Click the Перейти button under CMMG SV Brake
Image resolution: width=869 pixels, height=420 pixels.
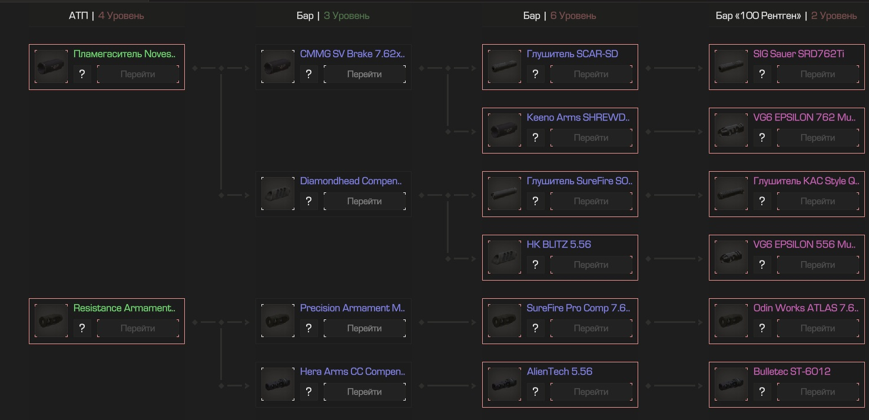coord(364,74)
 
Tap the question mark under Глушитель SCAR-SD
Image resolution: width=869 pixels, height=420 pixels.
coord(535,74)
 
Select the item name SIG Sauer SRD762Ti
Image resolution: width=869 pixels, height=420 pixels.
coord(798,54)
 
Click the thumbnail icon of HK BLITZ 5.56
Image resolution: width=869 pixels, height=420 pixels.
coord(505,258)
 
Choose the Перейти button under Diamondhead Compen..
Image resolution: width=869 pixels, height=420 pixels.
coord(364,201)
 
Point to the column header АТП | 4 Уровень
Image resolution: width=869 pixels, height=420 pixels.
coord(106,16)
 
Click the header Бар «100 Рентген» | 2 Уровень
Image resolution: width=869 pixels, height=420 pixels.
coord(786,16)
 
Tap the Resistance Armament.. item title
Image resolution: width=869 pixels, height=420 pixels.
coord(124,308)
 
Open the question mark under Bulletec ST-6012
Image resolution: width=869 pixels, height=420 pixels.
coord(762,392)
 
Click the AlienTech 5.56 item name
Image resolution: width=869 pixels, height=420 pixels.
coord(559,372)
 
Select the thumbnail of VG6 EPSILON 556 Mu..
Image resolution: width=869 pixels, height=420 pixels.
coord(731,258)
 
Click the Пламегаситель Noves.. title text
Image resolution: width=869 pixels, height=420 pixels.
coord(124,54)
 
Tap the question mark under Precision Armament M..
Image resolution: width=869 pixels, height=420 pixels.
coord(309,328)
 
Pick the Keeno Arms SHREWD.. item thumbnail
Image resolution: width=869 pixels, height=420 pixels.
coord(505,131)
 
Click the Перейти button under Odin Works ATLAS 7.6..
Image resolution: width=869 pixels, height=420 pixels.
coord(817,328)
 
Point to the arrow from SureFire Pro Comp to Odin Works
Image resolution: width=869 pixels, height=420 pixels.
coord(674,322)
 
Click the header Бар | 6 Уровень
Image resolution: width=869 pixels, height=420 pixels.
coord(559,16)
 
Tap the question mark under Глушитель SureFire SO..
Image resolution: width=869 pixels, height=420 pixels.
coord(535,201)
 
